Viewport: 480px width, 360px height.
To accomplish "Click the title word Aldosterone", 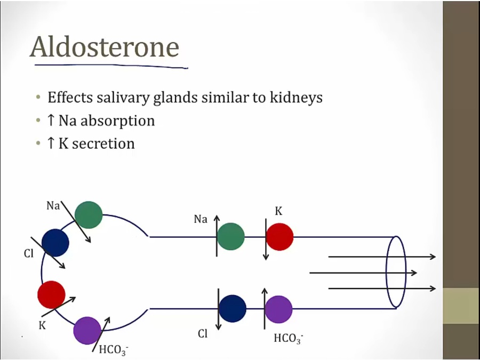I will [x=104, y=47].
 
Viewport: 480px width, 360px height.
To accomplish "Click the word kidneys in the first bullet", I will [x=297, y=98].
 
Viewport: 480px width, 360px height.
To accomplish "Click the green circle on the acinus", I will [x=89, y=215].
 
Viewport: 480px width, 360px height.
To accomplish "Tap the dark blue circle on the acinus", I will [x=55, y=243].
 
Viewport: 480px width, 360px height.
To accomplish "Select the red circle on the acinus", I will [x=51, y=294].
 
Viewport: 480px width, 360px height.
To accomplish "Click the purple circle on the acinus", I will [x=87, y=330].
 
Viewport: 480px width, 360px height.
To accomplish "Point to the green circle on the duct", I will [x=230, y=236].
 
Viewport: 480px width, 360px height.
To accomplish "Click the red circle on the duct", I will [x=279, y=236].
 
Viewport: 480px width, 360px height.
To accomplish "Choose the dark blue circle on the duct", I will [x=233, y=308].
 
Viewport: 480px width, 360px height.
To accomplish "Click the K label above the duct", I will [x=278, y=212].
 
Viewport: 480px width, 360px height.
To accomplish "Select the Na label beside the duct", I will [x=201, y=219].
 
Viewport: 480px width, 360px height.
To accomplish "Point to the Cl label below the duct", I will [x=203, y=334].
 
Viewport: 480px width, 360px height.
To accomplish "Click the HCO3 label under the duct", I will [x=288, y=339].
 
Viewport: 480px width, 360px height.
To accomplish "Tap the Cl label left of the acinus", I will [x=29, y=254].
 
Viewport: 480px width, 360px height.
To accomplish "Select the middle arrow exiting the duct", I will [x=363, y=273].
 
